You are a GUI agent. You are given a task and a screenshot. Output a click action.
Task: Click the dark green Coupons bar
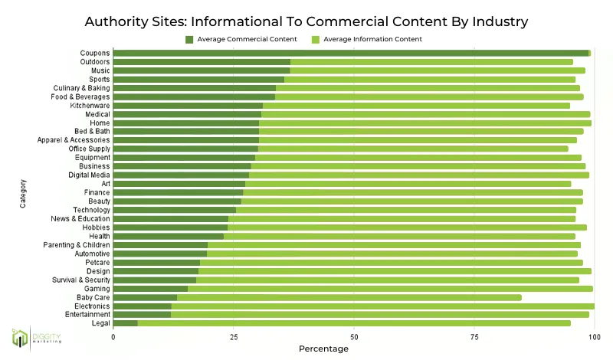tap(351, 53)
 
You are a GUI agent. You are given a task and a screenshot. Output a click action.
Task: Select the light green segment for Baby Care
tap(349, 297)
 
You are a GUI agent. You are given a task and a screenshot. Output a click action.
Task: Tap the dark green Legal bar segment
tap(126, 323)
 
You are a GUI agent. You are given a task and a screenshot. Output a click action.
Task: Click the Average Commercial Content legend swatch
tap(189, 39)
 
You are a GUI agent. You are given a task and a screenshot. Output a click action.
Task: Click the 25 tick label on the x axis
tap(234, 336)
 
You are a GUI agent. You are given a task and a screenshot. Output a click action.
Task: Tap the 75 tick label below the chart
tap(474, 336)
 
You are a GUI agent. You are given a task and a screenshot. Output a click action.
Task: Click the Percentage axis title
tap(323, 349)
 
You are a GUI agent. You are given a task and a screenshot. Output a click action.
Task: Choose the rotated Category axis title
tap(24, 193)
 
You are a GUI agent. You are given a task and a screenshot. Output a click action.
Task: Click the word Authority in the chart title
tap(116, 20)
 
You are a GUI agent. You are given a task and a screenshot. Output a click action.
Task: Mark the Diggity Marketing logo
tap(35, 338)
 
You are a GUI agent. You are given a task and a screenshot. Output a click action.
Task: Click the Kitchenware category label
tap(90, 106)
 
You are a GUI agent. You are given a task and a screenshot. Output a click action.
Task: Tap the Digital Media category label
tap(89, 175)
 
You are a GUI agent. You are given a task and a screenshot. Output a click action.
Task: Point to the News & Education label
tap(80, 218)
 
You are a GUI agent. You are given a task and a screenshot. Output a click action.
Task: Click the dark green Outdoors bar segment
tap(202, 62)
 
